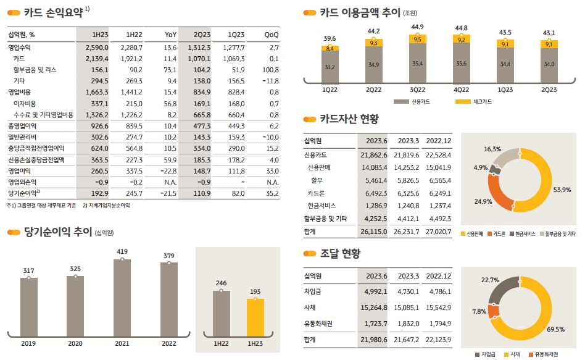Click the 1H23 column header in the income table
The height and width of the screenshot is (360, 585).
point(99,35)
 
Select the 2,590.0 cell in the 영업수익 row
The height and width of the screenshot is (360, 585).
point(96,48)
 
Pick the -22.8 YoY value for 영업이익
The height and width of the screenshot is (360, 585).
point(167,170)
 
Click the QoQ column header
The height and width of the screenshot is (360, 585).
point(271,35)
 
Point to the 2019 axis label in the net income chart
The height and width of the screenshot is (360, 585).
point(28,343)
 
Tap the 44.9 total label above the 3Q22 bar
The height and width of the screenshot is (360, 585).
point(417,27)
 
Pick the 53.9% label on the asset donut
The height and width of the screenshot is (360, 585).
point(562,190)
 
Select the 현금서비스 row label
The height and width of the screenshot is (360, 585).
point(324,205)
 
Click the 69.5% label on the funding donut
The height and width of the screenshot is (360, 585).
point(556,329)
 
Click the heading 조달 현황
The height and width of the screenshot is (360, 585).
point(339,253)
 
